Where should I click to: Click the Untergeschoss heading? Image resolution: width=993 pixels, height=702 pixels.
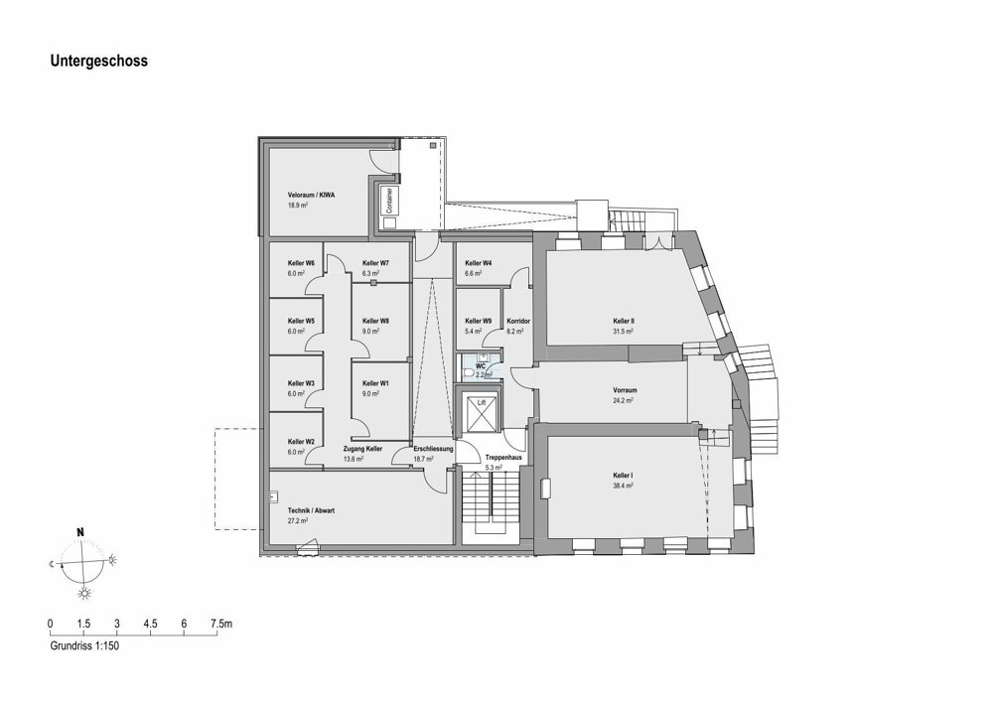coord(98,61)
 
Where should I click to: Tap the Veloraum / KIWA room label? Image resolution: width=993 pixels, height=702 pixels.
coord(311,195)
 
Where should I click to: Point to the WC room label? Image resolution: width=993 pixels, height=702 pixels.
coord(480,365)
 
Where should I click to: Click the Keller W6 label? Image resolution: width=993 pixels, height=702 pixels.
coord(301,263)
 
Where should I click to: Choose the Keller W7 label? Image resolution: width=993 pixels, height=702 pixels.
coord(375,263)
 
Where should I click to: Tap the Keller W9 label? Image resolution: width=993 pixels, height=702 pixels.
coord(479,321)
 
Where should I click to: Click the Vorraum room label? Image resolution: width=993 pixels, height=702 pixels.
coord(625,390)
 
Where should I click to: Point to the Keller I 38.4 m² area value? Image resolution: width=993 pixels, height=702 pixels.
coord(624,486)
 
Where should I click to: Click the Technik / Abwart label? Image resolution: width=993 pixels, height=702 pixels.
coord(311,510)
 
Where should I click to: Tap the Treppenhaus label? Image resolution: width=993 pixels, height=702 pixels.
coord(503,457)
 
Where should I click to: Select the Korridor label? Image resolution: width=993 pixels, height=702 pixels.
coord(518,321)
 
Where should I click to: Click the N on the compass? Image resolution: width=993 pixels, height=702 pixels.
coord(80,532)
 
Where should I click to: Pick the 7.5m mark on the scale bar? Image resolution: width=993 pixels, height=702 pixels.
coord(221,624)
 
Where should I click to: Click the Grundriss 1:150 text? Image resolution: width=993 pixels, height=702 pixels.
coord(84,646)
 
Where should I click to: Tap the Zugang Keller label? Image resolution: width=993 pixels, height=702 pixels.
coord(362,449)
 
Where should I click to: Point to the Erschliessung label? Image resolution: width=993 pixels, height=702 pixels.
coord(433,449)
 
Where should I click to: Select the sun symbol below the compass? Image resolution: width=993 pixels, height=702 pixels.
coord(83,593)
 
